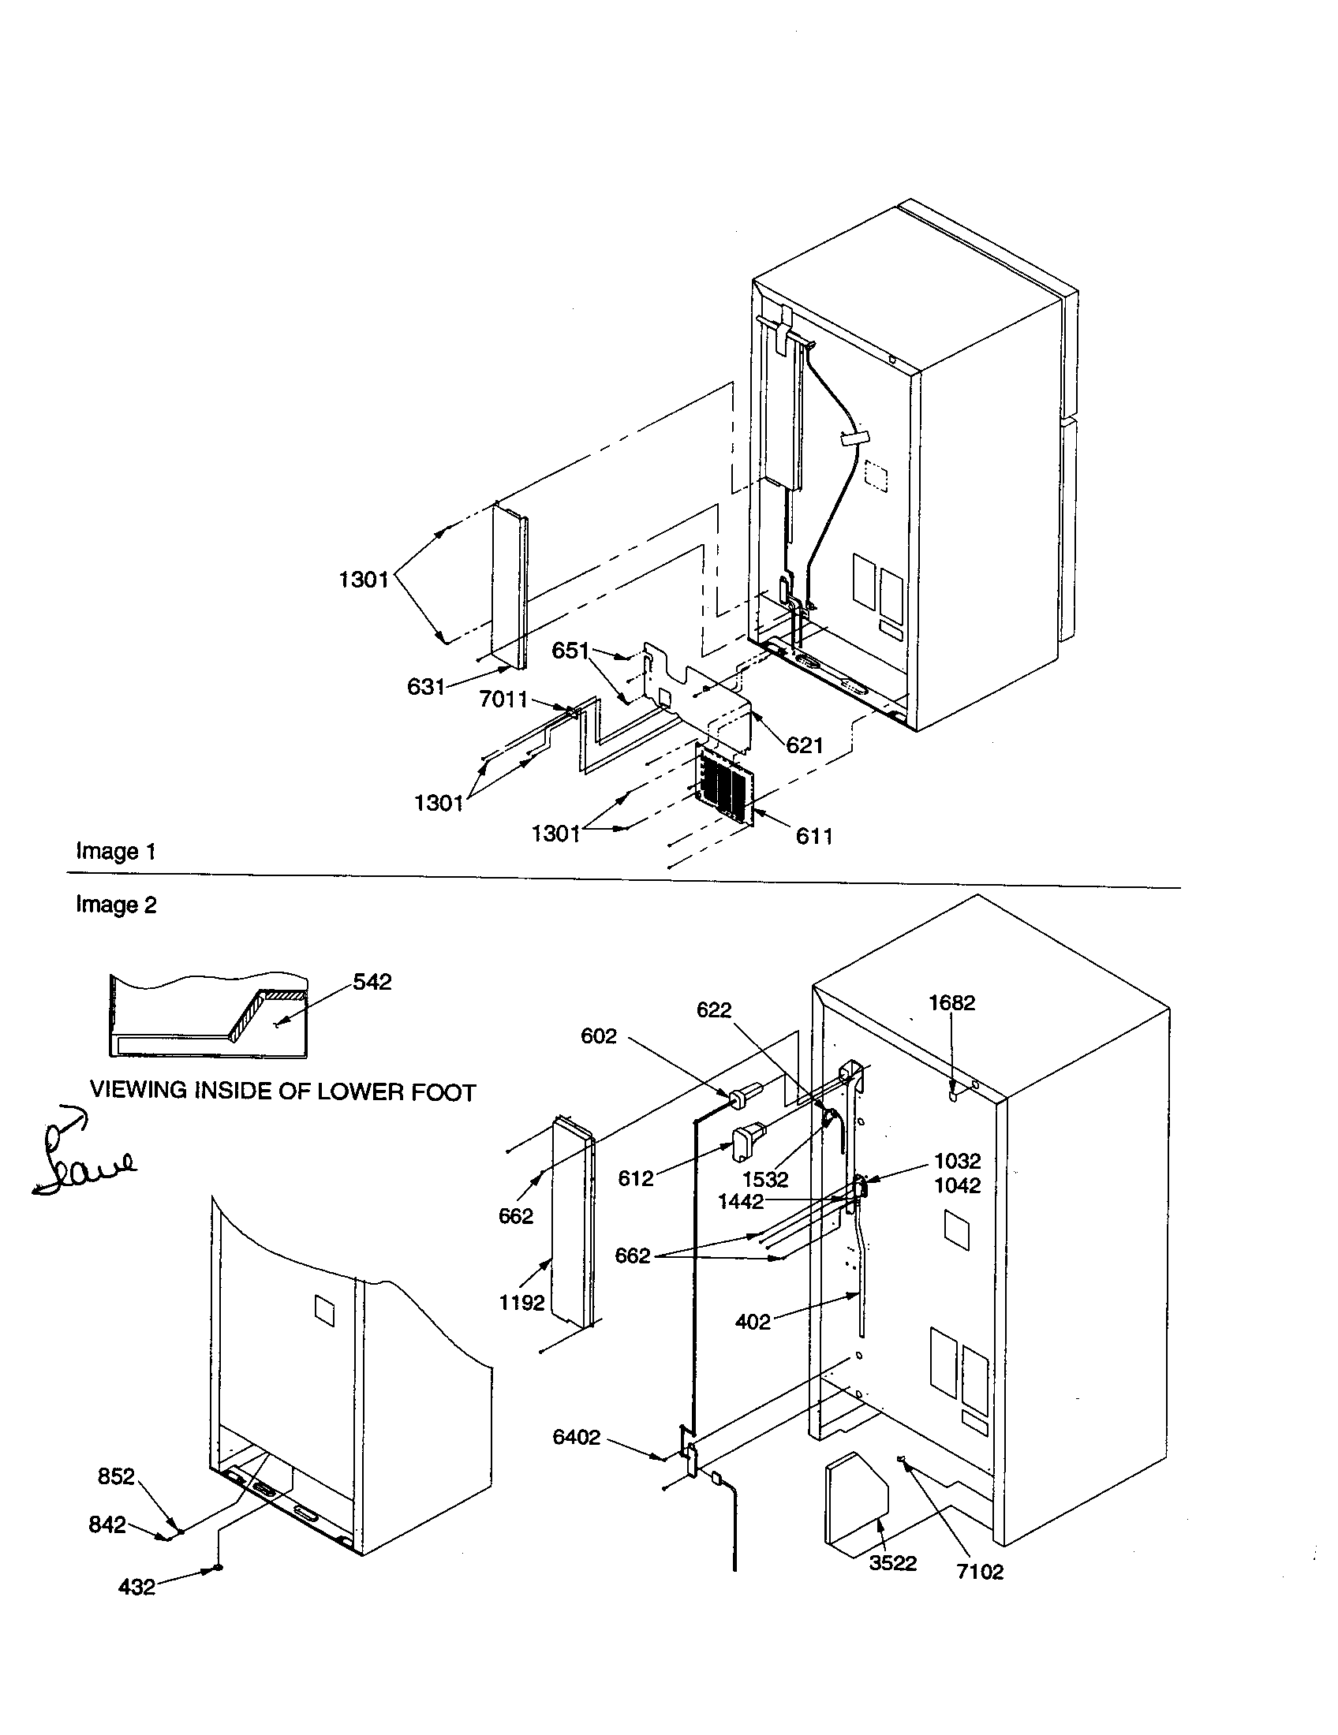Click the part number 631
point(425,686)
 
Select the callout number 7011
point(503,699)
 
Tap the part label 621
point(804,745)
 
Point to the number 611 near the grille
point(813,836)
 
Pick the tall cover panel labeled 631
point(509,588)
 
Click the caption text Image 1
point(115,852)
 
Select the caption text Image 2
point(116,905)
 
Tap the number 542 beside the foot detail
point(372,982)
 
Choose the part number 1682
point(951,1003)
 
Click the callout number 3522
point(892,1563)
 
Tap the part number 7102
point(980,1572)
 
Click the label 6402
point(576,1438)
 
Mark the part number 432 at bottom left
point(136,1588)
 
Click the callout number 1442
point(740,1202)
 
